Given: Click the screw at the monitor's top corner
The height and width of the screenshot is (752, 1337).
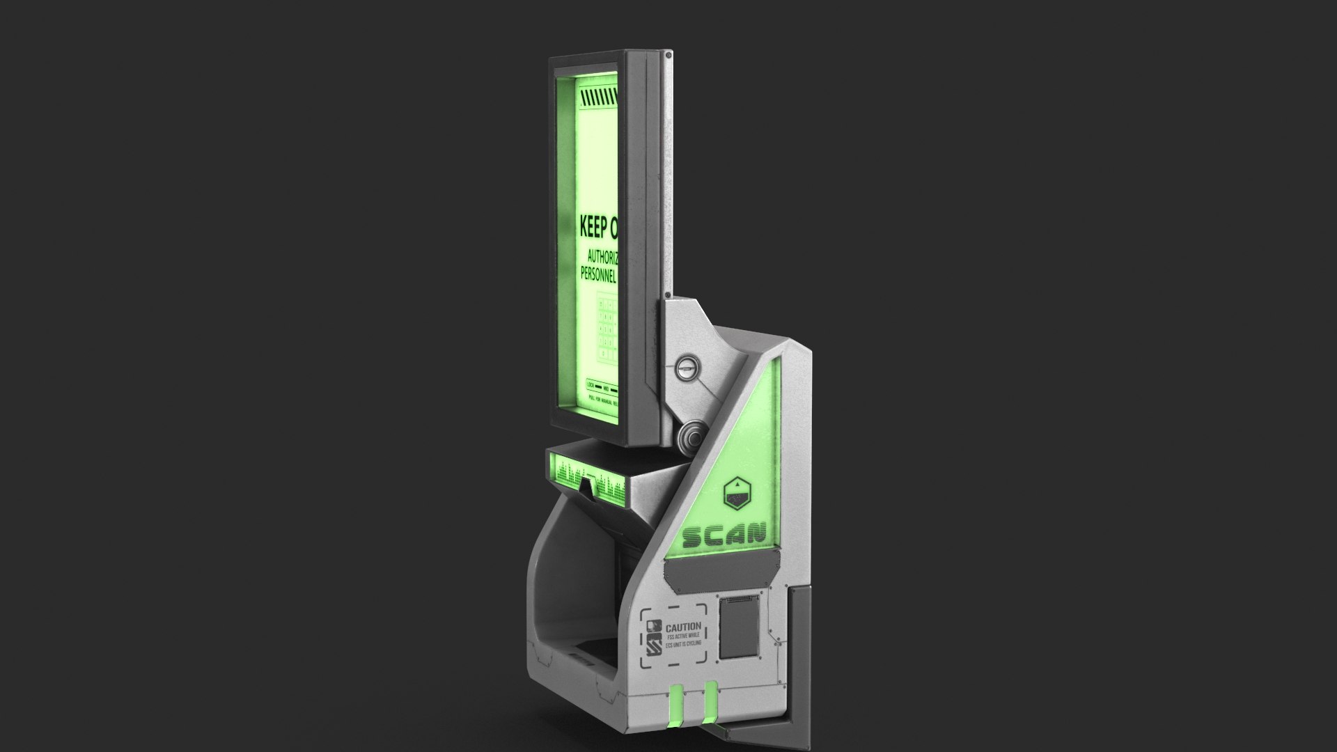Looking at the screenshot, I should [668, 54].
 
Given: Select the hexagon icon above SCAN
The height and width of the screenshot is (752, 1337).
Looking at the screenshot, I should [737, 492].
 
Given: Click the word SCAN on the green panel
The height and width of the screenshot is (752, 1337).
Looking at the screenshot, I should [724, 535].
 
